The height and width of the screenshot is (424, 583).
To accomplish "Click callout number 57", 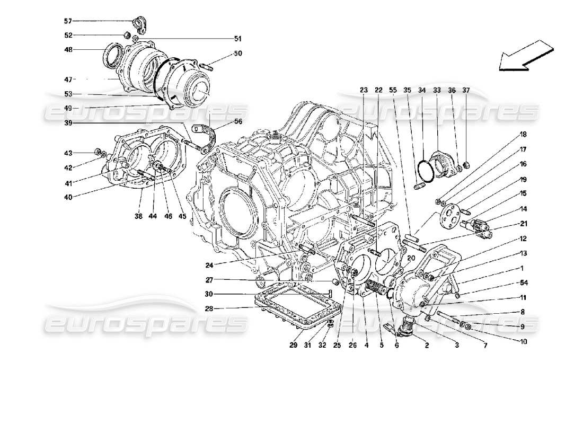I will (68, 21).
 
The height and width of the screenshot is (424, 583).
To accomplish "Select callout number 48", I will (68, 50).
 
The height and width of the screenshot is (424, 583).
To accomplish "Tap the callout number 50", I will (237, 54).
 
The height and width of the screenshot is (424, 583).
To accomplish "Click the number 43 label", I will (68, 153).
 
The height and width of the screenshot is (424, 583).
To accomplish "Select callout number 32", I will (322, 347).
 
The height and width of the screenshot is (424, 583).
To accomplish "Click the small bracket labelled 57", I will (140, 23).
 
